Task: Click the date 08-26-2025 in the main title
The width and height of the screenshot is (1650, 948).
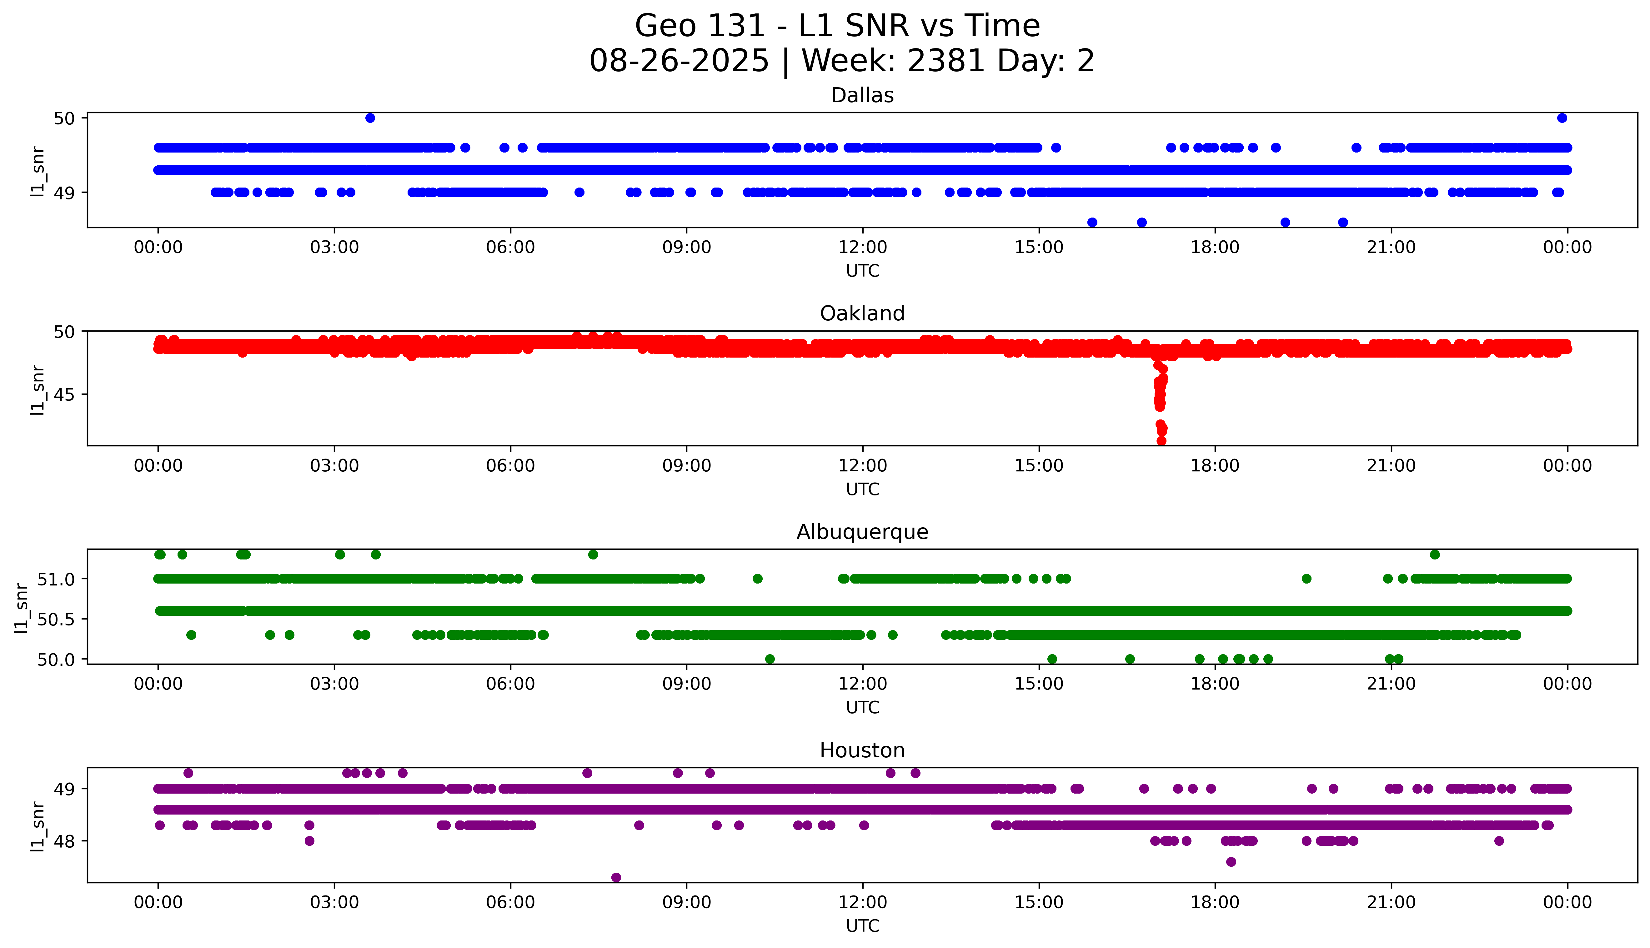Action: coord(679,61)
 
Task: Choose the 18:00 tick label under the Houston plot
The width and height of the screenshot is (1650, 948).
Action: coord(1215,902)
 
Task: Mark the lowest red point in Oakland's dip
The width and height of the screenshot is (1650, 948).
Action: coord(1161,441)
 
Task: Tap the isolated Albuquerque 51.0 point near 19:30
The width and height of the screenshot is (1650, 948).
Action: coord(1306,578)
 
